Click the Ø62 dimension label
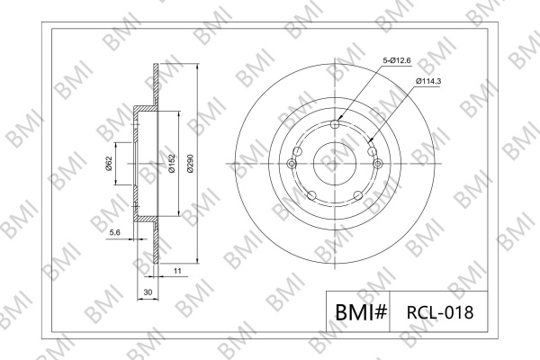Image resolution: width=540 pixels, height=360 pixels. [109, 164]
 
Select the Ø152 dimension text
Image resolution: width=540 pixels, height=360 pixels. [172, 163]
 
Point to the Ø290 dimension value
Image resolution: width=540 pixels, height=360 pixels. [190, 163]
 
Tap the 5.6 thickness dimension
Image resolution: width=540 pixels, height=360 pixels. [114, 232]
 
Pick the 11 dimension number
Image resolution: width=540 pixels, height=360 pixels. [177, 271]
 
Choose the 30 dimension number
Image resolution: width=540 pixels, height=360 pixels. [148, 292]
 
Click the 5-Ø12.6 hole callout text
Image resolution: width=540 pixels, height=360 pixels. [397, 60]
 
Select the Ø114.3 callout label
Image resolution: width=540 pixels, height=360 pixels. [428, 81]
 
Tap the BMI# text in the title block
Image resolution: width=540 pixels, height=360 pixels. [361, 312]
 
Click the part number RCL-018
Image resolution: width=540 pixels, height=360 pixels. [440, 312]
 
